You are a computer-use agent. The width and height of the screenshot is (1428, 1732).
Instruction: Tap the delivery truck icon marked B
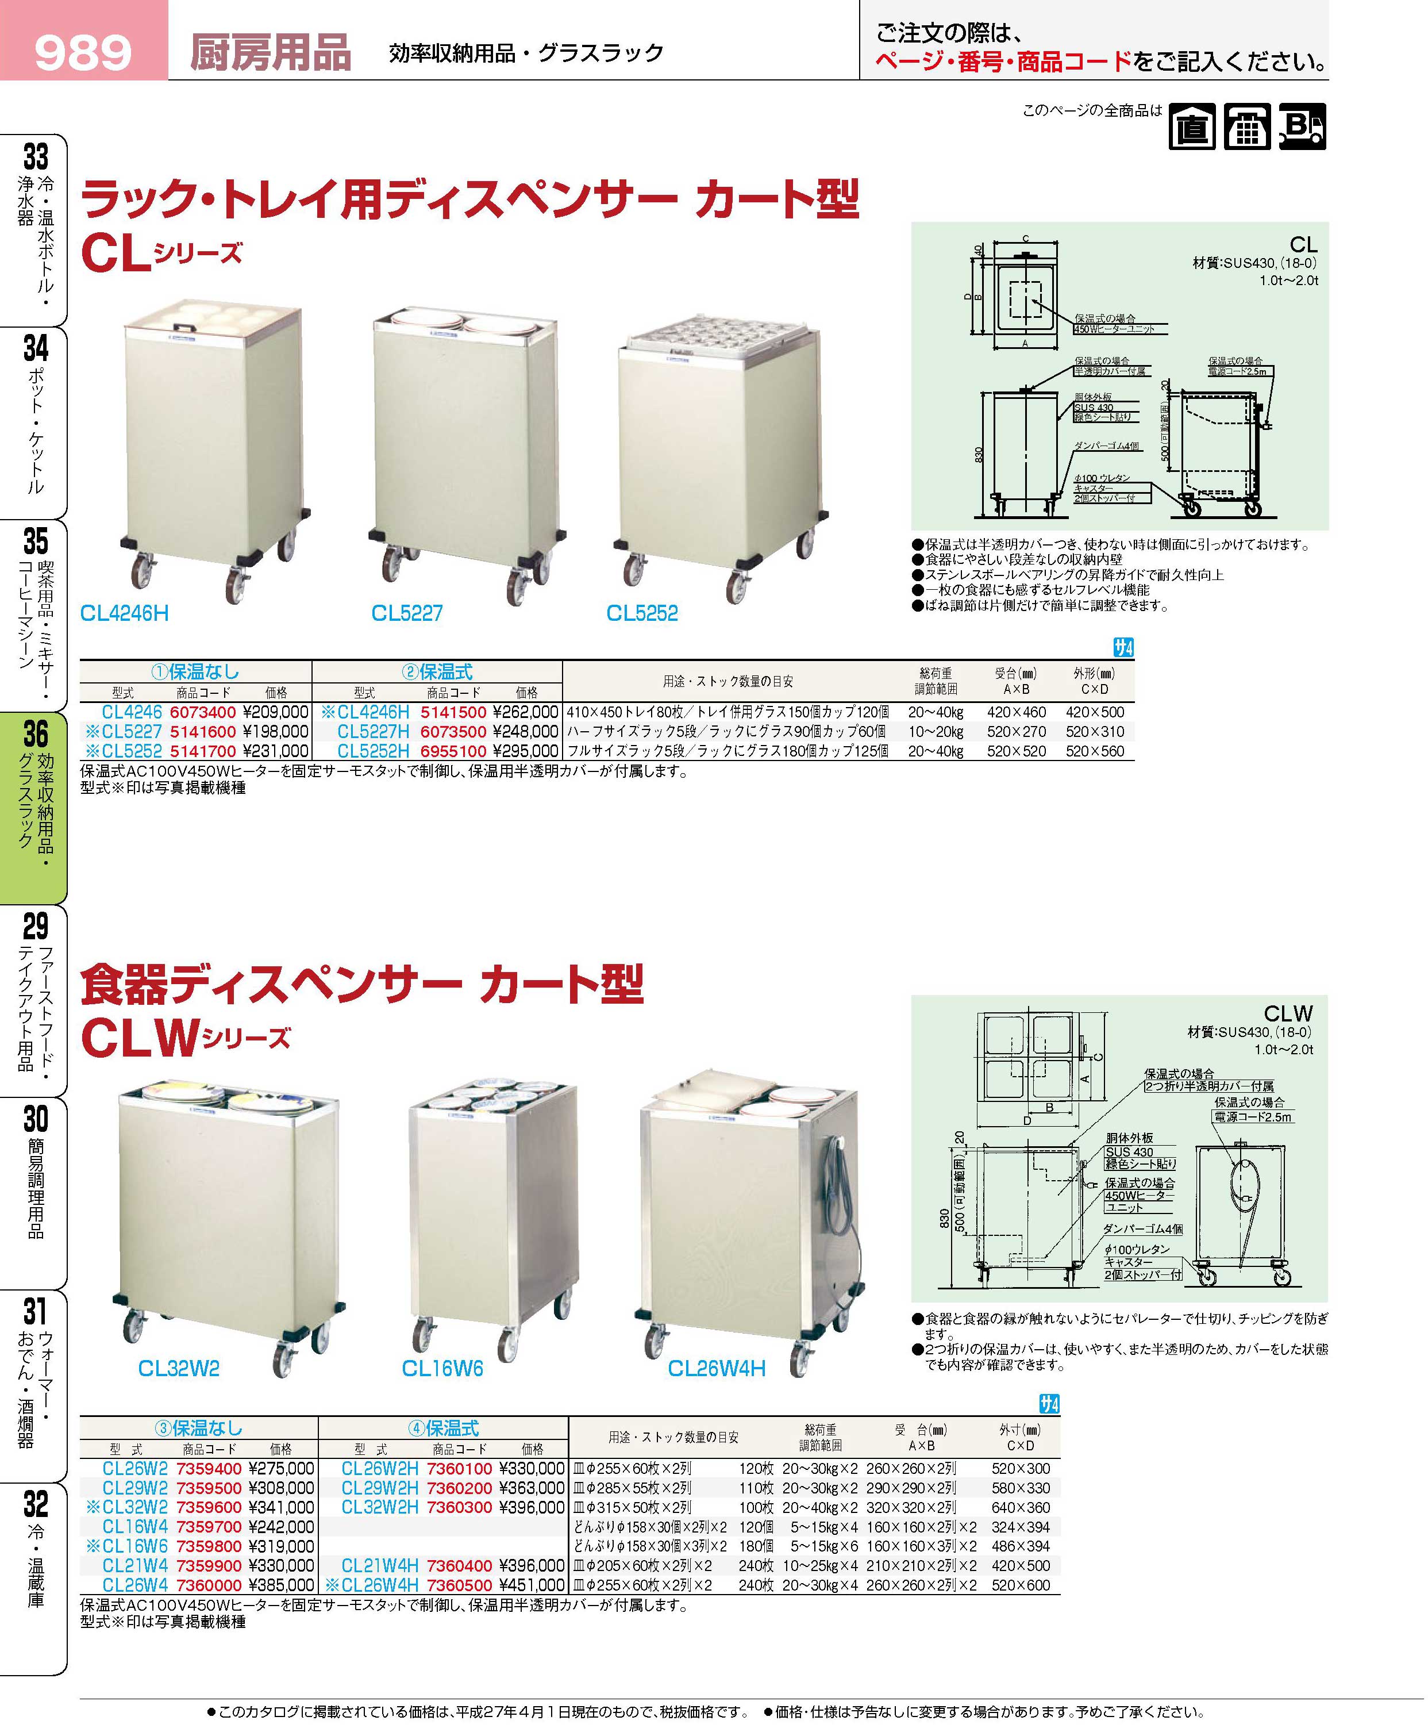pyautogui.click(x=1303, y=126)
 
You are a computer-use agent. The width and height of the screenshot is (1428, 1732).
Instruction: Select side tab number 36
pyautogui.click(x=36, y=734)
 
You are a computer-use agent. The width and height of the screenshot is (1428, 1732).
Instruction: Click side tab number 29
pyautogui.click(x=36, y=927)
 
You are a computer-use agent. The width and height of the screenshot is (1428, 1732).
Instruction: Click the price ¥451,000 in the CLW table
pyautogui.click(x=532, y=1585)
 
